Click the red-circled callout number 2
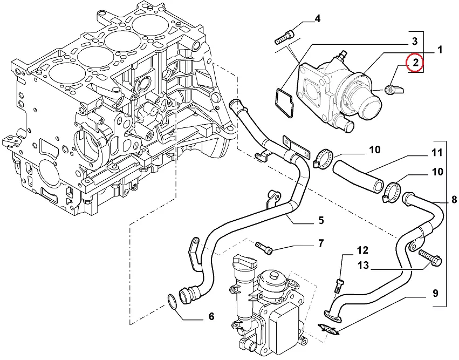pos(415,62)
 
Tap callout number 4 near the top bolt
pos(318,19)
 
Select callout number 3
pos(415,42)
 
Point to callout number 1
pos(440,50)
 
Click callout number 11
pos(437,153)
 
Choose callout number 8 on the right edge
pos(454,200)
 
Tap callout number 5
pos(321,220)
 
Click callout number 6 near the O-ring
pos(211,316)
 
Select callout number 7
pos(321,243)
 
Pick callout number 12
pos(362,250)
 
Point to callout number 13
pos(364,266)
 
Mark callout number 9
pos(435,293)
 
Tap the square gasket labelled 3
pos(285,103)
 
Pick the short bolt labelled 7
pos(264,248)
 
